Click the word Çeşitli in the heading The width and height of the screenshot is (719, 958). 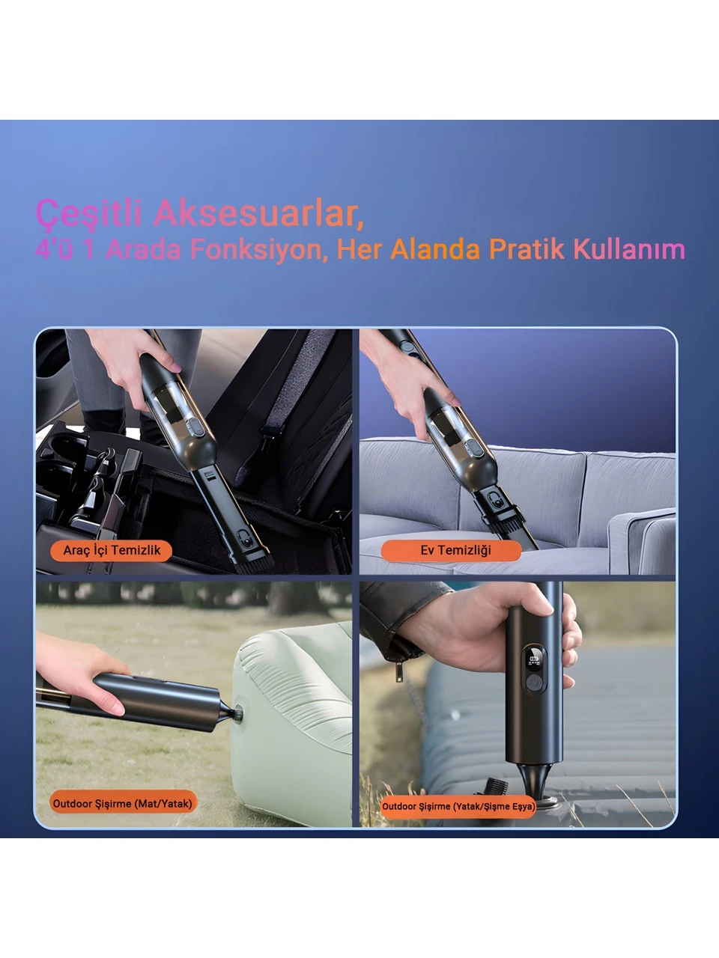point(88,213)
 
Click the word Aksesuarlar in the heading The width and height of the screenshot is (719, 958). point(258,213)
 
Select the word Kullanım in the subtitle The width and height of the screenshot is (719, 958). point(629,249)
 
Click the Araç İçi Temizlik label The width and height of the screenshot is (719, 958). point(112,550)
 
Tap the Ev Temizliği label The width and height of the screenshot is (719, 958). point(452,550)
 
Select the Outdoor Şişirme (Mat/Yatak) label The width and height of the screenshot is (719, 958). point(123,804)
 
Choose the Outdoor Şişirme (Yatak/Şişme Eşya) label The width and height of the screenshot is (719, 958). point(458,806)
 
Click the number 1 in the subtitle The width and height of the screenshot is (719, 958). point(89,250)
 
